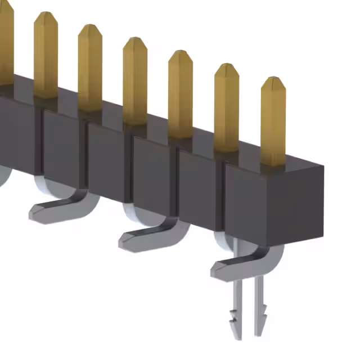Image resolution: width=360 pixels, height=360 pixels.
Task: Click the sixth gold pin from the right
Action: tap(46, 56)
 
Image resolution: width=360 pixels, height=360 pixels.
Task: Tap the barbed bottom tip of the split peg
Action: tap(247, 332)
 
